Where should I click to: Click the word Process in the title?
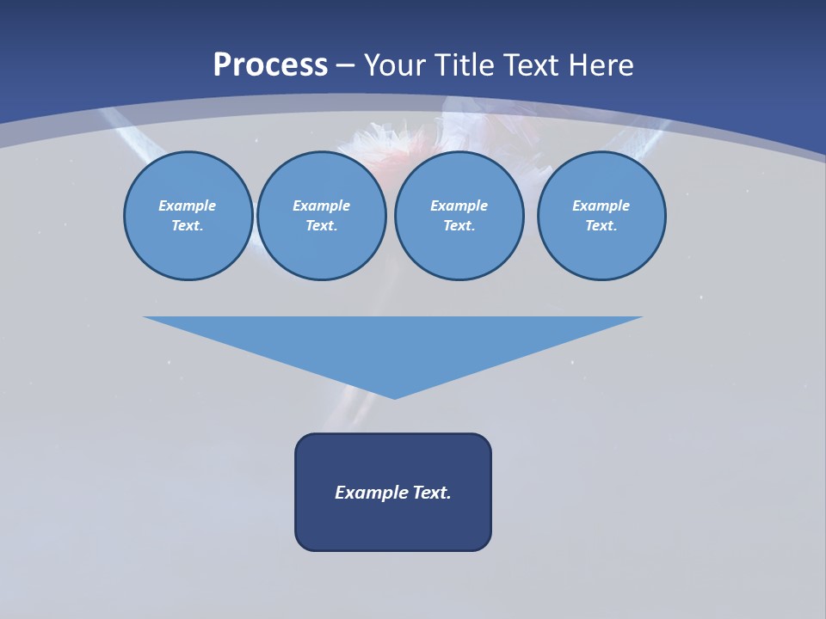pos(270,65)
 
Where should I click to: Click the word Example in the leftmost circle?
pos(188,205)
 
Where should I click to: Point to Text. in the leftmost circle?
pos(188,226)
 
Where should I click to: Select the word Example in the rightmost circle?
pos(601,205)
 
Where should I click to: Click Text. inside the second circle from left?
pos(322,226)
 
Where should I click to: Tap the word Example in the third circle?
pos(459,205)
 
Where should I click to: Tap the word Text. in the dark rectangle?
pos(432,493)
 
